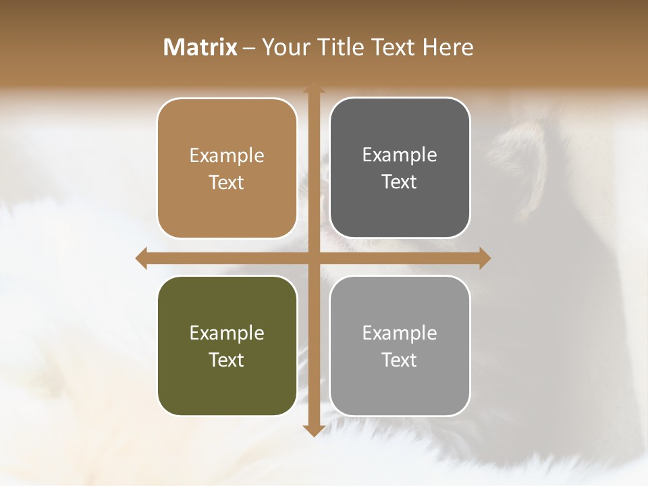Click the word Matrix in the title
[200, 47]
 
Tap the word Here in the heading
[448, 47]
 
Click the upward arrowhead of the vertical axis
[313, 88]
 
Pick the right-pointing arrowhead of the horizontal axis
[484, 258]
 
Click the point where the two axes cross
[313, 258]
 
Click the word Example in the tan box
[227, 156]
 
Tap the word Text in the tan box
[227, 182]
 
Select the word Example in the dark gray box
[400, 155]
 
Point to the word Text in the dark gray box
[400, 182]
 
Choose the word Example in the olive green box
[227, 333]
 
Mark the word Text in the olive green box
[227, 360]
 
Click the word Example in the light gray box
[400, 333]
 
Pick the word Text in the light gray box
[400, 360]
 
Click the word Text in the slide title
[391, 47]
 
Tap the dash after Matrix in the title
[250, 47]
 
